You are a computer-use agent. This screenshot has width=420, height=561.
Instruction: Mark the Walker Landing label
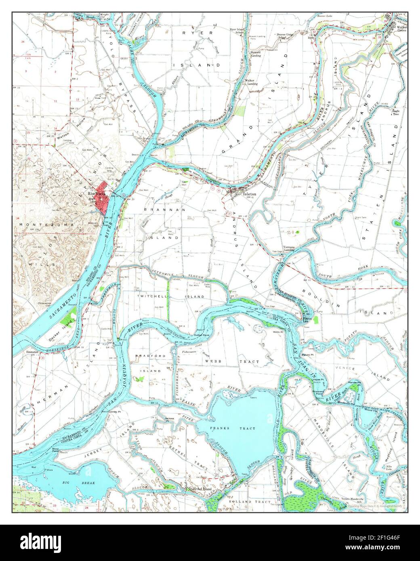252,83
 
